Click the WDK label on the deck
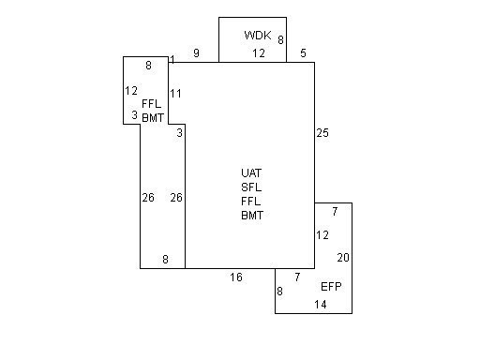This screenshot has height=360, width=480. tap(257, 35)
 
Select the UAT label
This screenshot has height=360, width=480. tap(251, 172)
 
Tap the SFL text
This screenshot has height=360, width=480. tap(251, 187)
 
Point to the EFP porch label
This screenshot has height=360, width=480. tap(331, 286)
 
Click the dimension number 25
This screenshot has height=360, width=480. tap(322, 133)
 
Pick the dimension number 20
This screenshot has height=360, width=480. tap(343, 257)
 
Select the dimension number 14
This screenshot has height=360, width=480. tap(321, 305)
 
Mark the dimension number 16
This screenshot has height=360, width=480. tap(236, 277)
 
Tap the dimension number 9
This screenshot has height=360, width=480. tap(196, 53)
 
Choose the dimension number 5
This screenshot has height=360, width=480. tap(303, 53)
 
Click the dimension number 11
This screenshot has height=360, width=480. tap(176, 93)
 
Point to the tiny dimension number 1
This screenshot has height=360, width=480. tap(172, 60)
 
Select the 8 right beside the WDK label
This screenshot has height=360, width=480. tap(280, 40)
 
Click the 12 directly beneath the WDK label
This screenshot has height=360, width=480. tap(259, 53)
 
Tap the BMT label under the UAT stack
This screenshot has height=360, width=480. tap(252, 215)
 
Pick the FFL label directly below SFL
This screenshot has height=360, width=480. tap(251, 201)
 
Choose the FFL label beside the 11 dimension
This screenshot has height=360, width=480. tap(152, 103)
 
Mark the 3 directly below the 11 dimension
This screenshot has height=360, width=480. tap(179, 132)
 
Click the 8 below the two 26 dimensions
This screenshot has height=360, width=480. tap(165, 260)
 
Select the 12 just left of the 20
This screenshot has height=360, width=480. tap(322, 235)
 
